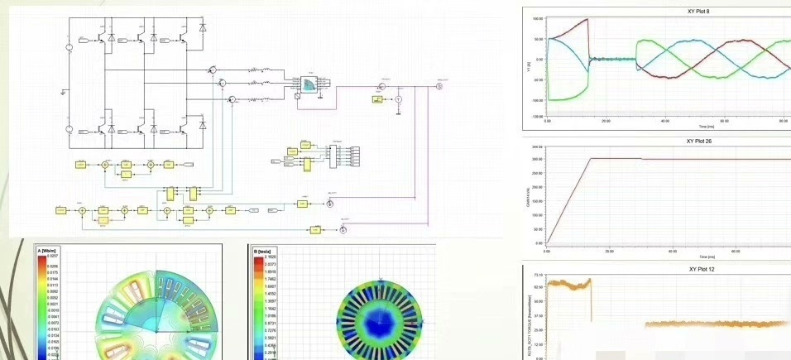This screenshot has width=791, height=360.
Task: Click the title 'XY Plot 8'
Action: coord(698,12)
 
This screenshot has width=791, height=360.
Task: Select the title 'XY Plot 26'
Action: coord(698,141)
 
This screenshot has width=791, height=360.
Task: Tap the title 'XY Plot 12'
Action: coord(698,269)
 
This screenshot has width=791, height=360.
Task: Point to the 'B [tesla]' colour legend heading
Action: coord(264,251)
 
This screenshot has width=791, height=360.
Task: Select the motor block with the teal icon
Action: coord(307,84)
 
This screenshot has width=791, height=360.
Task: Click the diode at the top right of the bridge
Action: coord(203,38)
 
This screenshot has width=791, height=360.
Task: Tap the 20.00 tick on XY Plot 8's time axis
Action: coord(606,121)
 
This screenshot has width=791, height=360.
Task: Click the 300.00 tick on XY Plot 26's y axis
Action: coord(537,158)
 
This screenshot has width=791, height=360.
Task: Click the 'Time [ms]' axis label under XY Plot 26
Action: coord(707,257)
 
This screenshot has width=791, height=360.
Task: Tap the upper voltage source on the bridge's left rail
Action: coord(70,48)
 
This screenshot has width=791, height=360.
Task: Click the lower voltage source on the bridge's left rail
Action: coord(70,130)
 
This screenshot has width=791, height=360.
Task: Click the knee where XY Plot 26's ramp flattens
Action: coord(591,158)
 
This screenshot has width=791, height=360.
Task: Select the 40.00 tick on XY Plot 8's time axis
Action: coord(665,121)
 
